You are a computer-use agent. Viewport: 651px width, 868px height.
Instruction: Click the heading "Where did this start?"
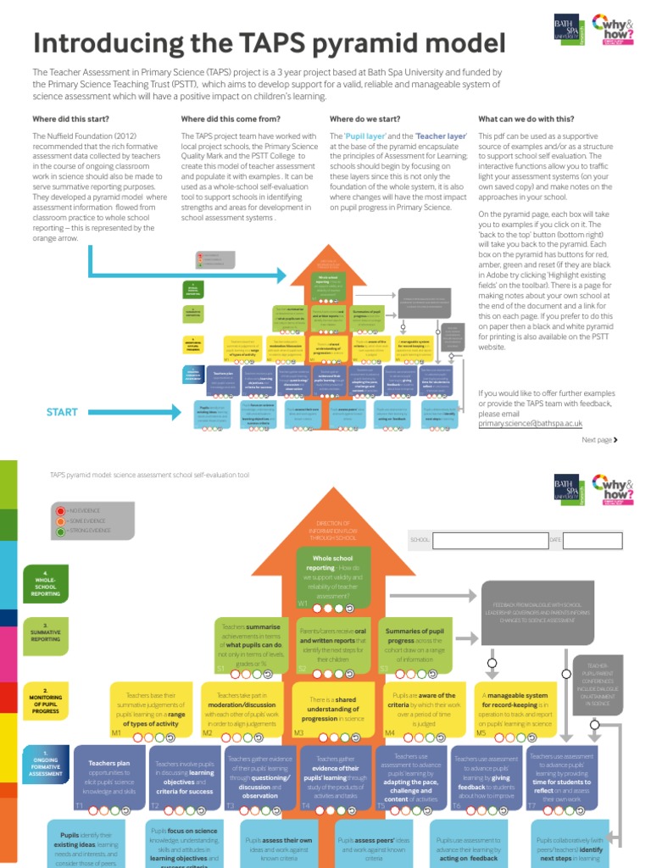(74, 119)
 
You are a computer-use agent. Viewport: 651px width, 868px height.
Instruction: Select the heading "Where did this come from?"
(231, 119)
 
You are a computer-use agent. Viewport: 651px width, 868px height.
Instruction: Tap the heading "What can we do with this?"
(526, 119)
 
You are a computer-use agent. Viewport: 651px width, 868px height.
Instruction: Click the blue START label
(62, 412)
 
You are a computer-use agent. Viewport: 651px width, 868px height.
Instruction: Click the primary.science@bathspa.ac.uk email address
(530, 422)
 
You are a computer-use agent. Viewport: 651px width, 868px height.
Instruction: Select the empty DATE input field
(593, 539)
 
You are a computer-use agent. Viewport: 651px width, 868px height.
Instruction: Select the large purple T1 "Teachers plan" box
(111, 776)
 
